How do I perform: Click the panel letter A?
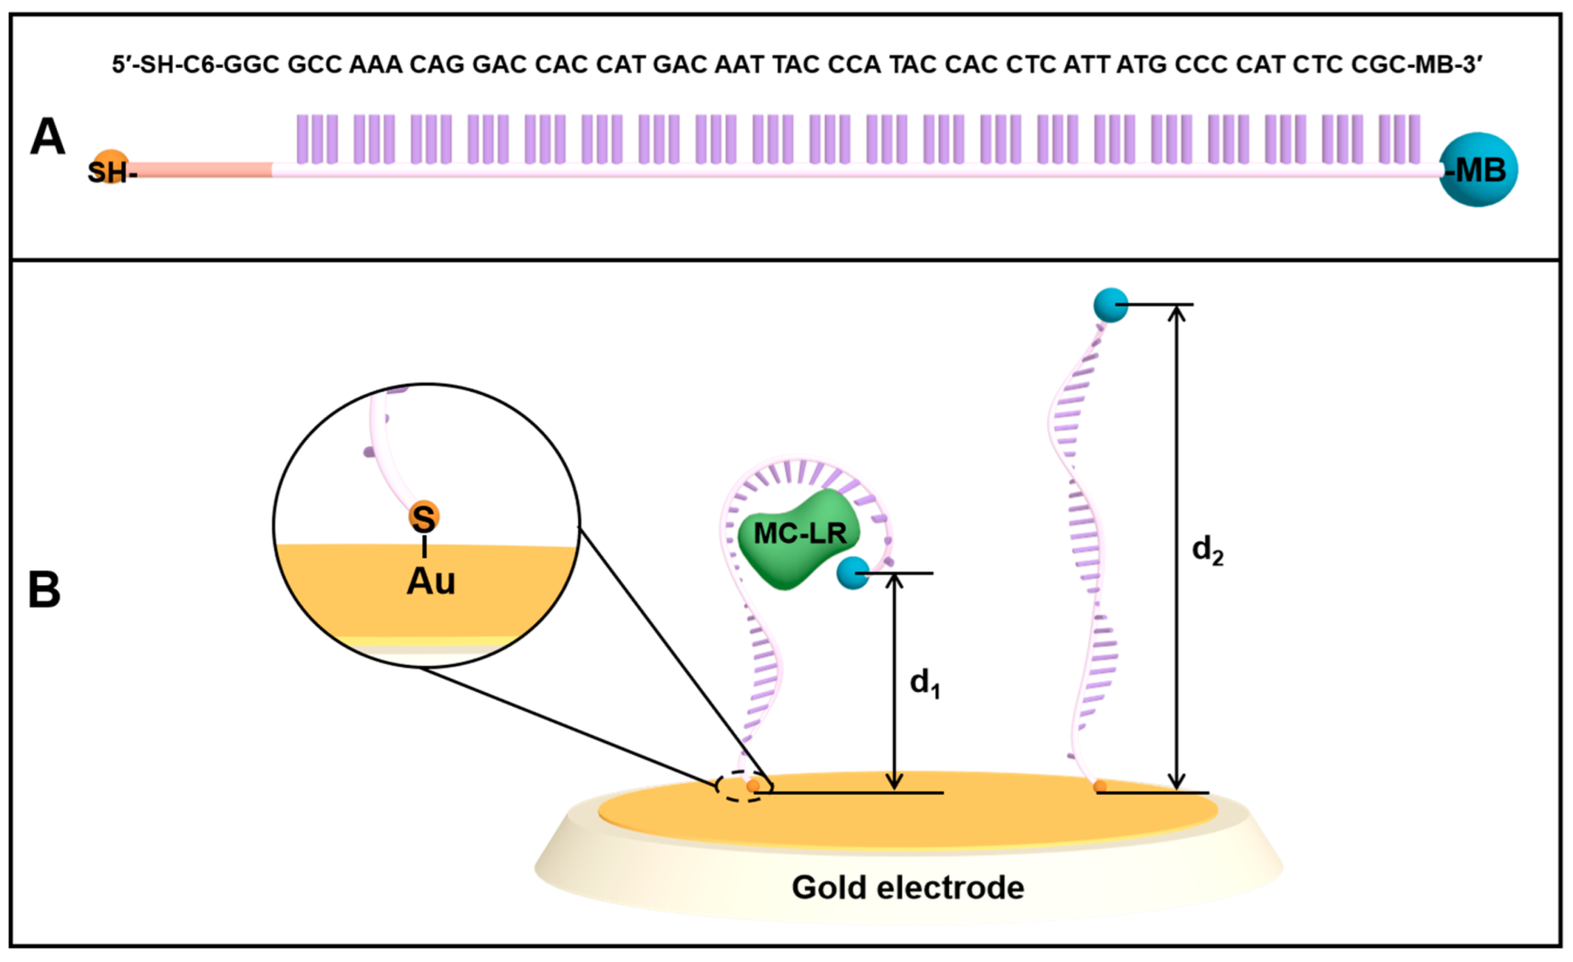coord(47,137)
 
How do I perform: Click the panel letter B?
coord(44,589)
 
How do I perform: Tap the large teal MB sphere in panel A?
coord(1478,170)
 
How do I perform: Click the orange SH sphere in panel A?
coord(110,166)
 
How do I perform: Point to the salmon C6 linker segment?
coord(202,170)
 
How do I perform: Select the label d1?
coord(924,683)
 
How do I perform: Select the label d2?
coord(1208,550)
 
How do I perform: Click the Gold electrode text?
coord(907,888)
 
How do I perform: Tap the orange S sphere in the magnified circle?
coord(424,517)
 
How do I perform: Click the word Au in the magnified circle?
coord(431,582)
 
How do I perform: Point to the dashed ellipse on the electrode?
coord(741,786)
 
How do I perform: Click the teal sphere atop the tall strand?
coord(1110,305)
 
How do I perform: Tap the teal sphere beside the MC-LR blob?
coord(852,572)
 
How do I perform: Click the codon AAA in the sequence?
coord(375,65)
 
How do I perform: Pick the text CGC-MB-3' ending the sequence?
coord(1416,65)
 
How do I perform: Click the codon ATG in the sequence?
coord(1142,65)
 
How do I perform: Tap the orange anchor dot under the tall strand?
coord(1099,786)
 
